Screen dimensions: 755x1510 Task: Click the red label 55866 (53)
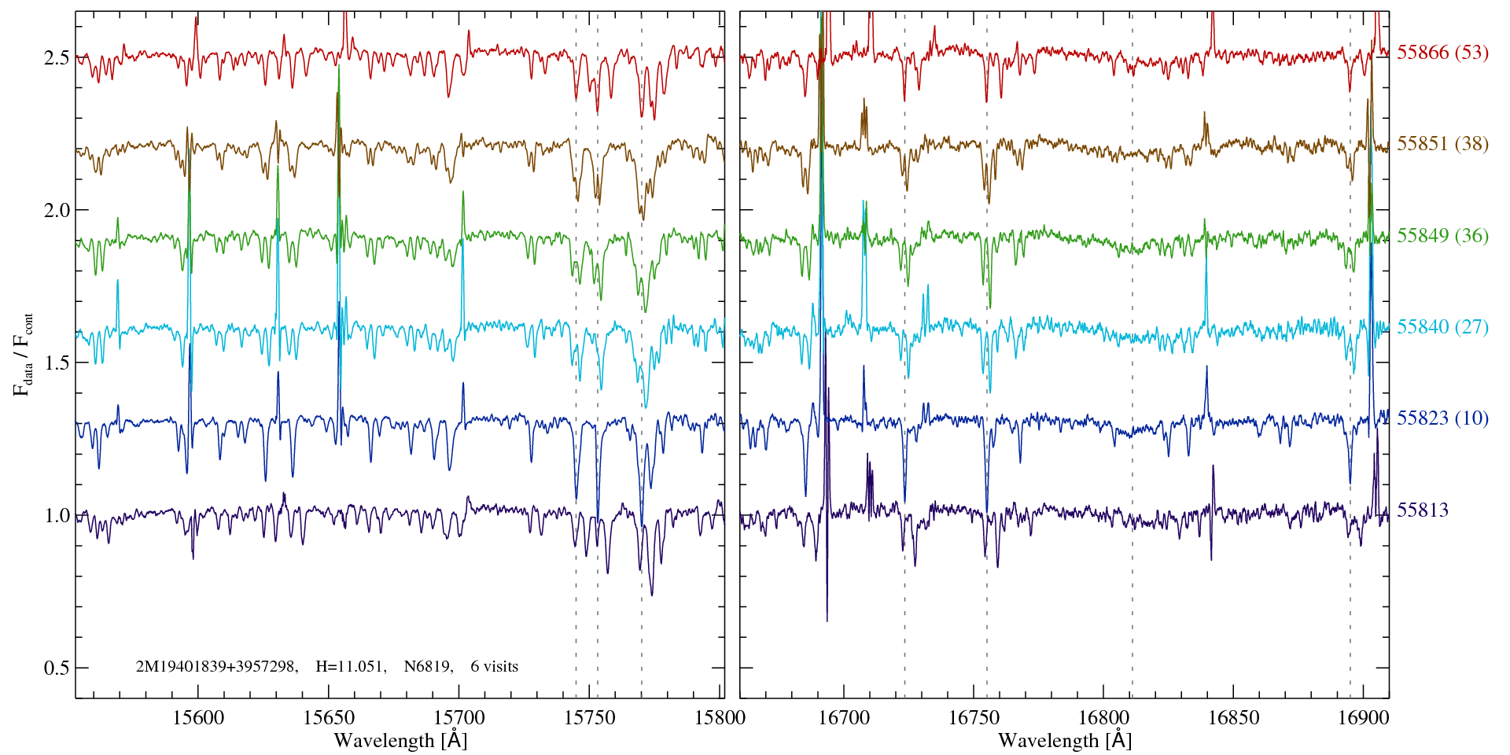(1442, 53)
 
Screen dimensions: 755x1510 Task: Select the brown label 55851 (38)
(1442, 144)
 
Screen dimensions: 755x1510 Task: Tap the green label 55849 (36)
(1442, 236)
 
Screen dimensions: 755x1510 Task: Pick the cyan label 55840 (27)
(1442, 327)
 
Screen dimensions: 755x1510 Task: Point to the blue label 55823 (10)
(1442, 418)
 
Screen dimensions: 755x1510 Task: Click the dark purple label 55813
(1422, 510)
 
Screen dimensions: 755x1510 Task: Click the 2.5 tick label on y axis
(57, 57)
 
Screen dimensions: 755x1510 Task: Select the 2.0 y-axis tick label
(57, 210)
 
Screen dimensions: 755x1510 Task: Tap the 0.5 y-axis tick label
(57, 668)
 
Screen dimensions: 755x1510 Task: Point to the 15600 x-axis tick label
(198, 718)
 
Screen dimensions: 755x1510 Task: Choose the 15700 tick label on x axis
(460, 718)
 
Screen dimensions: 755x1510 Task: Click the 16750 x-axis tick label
(974, 718)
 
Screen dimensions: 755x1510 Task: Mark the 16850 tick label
(1233, 718)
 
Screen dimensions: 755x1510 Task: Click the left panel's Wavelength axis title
(400, 741)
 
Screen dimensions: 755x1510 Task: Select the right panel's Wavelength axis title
(1065, 741)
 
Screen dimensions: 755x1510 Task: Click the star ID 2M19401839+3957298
(216, 667)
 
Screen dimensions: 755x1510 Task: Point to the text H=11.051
(350, 667)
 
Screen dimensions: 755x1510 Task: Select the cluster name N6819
(428, 667)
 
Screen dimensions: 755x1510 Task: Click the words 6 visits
(494, 667)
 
